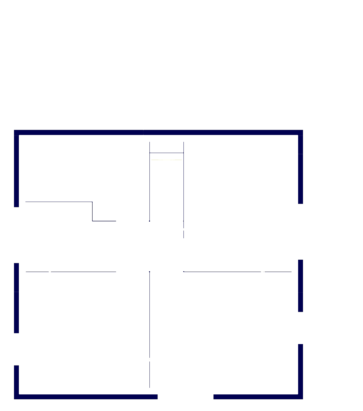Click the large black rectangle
62,75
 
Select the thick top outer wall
158,132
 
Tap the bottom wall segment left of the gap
86,397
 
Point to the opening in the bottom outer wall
186,397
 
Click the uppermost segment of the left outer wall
16,170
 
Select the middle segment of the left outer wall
16,298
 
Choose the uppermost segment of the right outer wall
300,169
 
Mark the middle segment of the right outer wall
300,286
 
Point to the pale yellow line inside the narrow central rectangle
166,160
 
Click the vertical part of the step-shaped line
92,211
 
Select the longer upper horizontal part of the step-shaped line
59,202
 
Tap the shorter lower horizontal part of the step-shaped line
104,221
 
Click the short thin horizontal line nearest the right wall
278,272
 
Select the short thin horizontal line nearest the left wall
37,272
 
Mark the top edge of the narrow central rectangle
166,153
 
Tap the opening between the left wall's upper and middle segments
16,235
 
